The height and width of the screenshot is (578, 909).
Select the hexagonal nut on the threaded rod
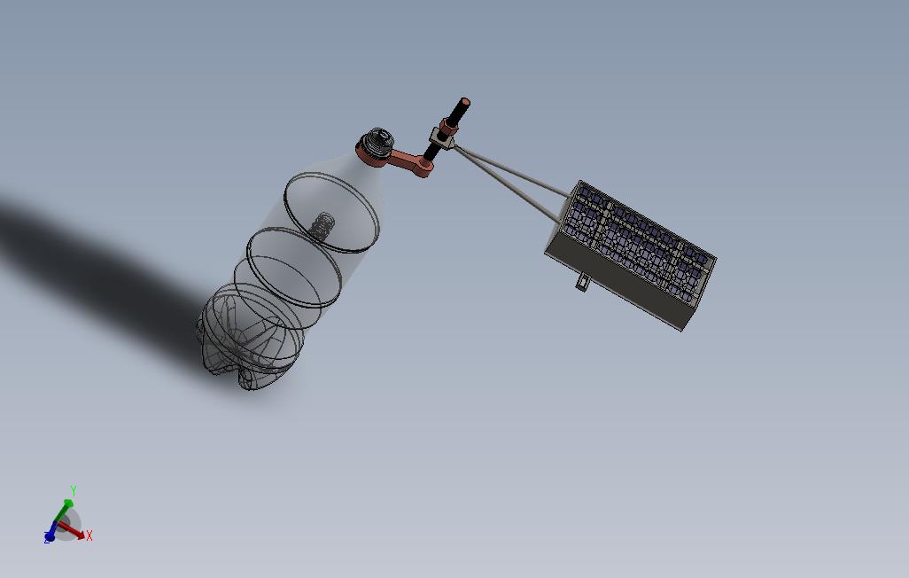click(x=448, y=126)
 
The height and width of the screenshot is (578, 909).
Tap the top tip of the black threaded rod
click(x=464, y=101)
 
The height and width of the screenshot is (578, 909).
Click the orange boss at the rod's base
click(x=425, y=168)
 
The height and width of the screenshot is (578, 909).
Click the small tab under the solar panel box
click(x=581, y=282)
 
